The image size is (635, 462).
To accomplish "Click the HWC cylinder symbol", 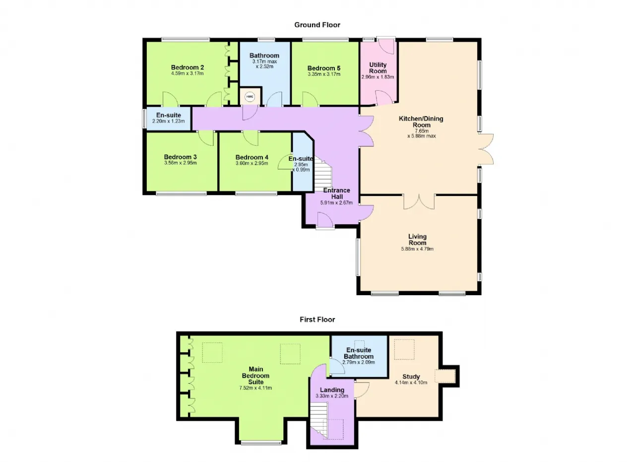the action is (x=250, y=97).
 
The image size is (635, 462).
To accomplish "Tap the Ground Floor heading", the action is (x=317, y=25).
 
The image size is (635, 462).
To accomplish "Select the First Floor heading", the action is (x=317, y=320).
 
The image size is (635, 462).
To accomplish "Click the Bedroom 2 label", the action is (x=188, y=67).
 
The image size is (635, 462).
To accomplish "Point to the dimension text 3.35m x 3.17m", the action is (x=324, y=74).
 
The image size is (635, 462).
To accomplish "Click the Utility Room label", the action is (x=378, y=68).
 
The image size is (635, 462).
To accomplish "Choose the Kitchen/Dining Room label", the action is (x=421, y=122).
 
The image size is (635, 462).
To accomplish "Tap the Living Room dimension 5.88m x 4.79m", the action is (x=417, y=249).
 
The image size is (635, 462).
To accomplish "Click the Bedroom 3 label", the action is (x=180, y=157).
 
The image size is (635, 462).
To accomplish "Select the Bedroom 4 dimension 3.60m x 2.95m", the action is (x=252, y=163).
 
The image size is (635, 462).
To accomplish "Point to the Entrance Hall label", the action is (x=337, y=194).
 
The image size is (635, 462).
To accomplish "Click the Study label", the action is (x=411, y=377).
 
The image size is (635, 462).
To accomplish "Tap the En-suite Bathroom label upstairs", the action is (x=359, y=353).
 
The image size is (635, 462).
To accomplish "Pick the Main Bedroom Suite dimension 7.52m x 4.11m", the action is (x=255, y=388).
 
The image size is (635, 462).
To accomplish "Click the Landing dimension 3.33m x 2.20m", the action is (x=332, y=396).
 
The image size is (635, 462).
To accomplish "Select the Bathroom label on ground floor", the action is (x=264, y=56).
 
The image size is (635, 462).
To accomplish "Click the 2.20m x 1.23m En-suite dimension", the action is (x=168, y=121).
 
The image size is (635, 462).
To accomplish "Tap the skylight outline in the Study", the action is (x=404, y=349).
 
